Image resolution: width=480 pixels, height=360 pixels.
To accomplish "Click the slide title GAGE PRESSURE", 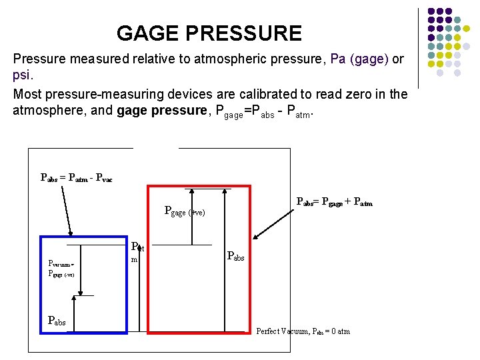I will [209, 33].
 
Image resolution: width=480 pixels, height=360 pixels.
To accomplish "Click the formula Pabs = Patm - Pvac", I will [77, 178].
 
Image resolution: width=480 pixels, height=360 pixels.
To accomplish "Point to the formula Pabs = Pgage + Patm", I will [334, 202].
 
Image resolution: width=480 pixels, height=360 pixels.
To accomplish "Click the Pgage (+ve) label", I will [185, 212].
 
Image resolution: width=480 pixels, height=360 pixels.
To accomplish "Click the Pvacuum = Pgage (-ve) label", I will [61, 268].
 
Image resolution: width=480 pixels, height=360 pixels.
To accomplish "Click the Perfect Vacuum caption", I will [303, 331].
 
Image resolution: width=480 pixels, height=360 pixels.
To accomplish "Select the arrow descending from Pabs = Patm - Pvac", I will [67, 210].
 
